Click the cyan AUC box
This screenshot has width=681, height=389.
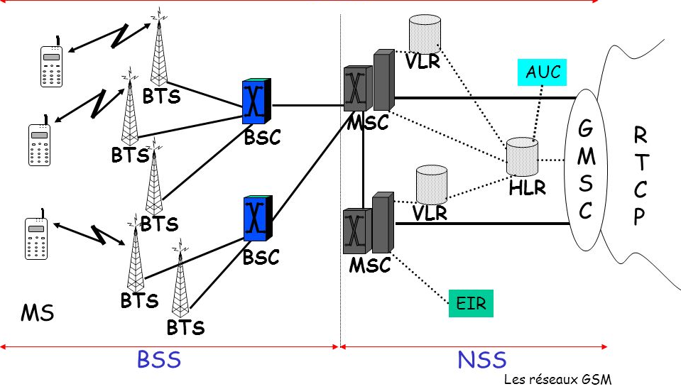click(x=543, y=72)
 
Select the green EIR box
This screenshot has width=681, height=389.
click(x=470, y=304)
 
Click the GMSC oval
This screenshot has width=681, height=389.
click(x=586, y=170)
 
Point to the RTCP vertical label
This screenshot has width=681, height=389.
click(x=641, y=176)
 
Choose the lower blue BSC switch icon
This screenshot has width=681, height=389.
click(x=256, y=218)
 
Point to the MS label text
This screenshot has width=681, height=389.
click(x=38, y=313)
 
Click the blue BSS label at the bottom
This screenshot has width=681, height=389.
click(x=159, y=360)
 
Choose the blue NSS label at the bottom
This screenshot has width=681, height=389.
click(x=482, y=360)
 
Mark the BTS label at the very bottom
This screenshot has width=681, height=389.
click(x=185, y=328)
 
